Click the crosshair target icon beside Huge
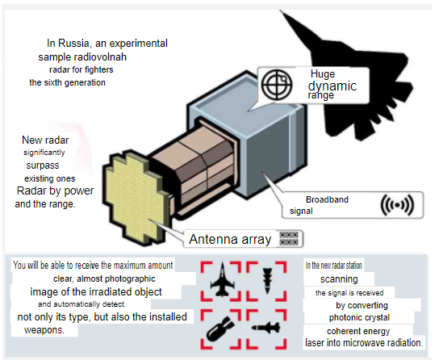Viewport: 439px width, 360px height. pos(277,84)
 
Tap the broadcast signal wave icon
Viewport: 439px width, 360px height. pos(397,205)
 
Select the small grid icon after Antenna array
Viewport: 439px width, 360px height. pos(289,238)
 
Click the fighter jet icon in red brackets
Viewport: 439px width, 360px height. pos(222,279)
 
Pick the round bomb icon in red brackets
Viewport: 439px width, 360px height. pos(220,329)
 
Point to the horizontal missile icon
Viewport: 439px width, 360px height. pos(266,327)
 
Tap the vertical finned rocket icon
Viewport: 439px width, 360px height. pos(267,281)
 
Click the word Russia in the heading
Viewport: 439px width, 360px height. pos(73,43)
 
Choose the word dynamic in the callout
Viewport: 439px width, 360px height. pos(332,86)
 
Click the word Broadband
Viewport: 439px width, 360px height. pos(327,199)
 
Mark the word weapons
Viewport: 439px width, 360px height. pos(44,330)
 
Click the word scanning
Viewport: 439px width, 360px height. pos(339,279)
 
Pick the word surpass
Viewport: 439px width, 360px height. pos(43,165)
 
